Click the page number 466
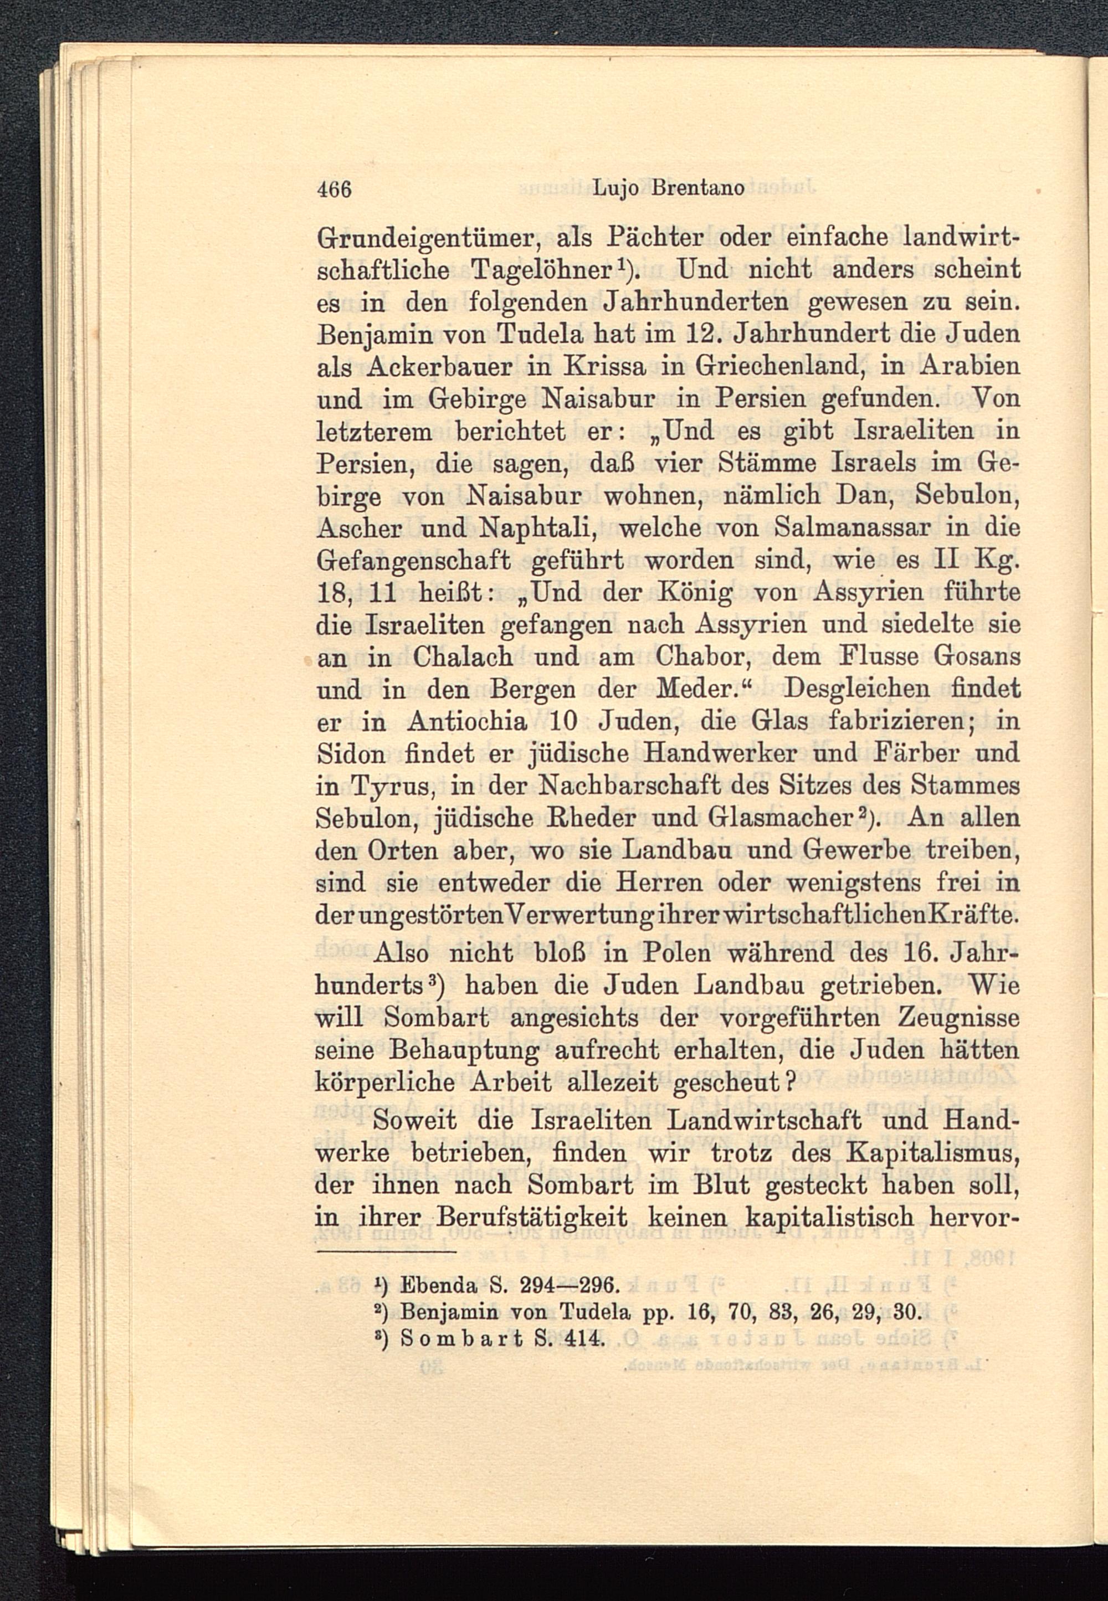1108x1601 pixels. (x=335, y=188)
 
